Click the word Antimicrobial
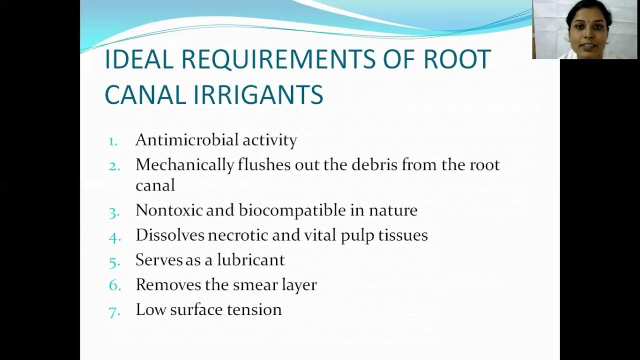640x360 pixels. [x=187, y=140]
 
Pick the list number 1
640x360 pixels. [x=113, y=141]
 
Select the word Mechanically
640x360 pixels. [x=184, y=165]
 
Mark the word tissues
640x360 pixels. [x=403, y=235]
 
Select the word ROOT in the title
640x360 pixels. [x=457, y=59]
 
